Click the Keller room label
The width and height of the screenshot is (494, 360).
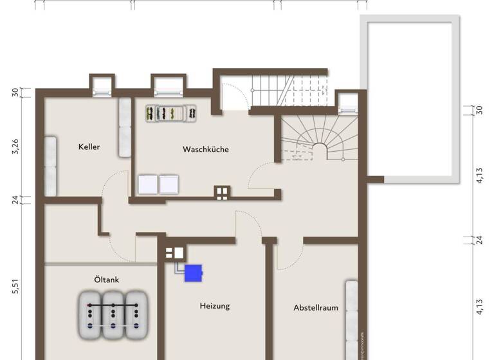click(89, 147)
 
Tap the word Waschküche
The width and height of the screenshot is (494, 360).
click(206, 149)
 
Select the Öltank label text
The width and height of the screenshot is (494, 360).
click(106, 280)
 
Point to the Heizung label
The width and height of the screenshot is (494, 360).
click(214, 306)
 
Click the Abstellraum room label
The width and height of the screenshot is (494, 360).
click(315, 308)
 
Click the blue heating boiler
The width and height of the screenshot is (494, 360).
click(194, 273)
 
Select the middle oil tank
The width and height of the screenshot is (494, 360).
click(114, 315)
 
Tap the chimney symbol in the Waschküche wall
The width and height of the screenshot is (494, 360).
click(222, 192)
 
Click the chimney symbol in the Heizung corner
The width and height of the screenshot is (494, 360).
click(174, 253)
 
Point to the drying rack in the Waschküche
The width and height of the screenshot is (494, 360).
click(170, 113)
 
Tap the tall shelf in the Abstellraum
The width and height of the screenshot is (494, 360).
click(351, 315)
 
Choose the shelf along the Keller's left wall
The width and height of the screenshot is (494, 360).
click(50, 166)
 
